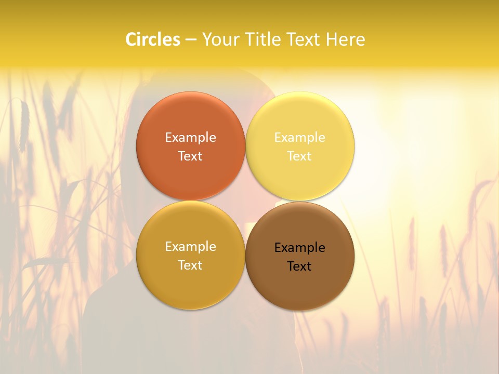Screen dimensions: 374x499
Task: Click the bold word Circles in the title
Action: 153,39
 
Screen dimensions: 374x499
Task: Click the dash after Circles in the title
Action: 191,40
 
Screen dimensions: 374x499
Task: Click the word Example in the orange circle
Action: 190,137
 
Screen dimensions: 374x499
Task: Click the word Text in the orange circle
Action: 190,156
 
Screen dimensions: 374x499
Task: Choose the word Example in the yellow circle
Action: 299,137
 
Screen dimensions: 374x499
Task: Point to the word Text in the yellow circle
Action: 299,156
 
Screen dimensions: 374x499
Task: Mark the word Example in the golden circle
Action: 190,246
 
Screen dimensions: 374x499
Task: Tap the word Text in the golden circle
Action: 190,265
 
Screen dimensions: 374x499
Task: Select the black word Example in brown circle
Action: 299,247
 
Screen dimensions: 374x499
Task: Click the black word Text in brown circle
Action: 299,266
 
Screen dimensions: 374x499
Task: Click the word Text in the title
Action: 304,39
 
